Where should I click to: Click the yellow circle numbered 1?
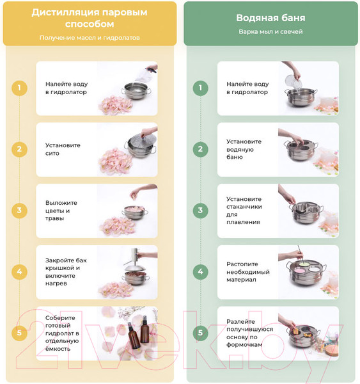tap(19, 88)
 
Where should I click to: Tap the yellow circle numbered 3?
tap(19, 211)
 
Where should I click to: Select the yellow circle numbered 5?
tap(19, 333)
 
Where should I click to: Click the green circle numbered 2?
tap(200, 149)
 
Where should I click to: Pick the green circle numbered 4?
tap(200, 271)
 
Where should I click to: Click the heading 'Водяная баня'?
tap(270, 18)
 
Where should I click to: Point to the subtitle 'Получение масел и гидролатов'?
tap(90, 38)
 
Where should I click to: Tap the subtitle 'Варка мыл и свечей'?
tap(270, 31)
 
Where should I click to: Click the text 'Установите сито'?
tap(63, 149)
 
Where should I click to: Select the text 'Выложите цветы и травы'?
tap(61, 211)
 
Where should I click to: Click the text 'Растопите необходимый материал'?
tap(248, 272)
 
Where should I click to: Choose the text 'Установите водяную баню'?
tap(244, 149)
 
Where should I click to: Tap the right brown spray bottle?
tap(145, 329)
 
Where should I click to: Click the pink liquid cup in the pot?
tap(300, 271)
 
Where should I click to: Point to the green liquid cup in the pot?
tap(304, 264)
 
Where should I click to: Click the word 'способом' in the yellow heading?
tap(90, 24)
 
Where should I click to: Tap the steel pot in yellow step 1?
tap(136, 91)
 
